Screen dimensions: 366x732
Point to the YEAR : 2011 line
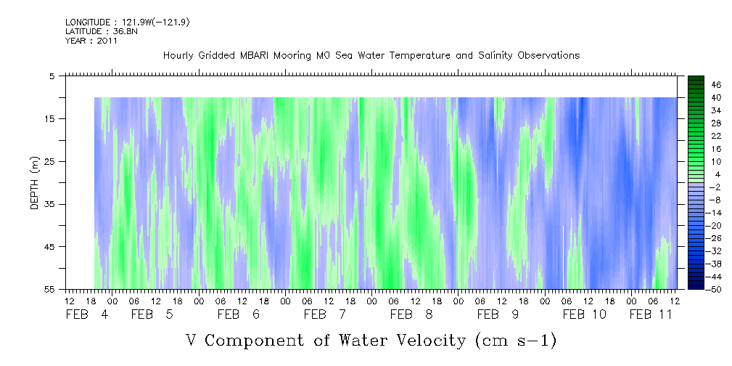tap(91, 41)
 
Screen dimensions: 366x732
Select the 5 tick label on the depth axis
tap(53, 76)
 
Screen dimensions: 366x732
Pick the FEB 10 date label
tap(585, 314)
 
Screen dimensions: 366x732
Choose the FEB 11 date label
tap(651, 314)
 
